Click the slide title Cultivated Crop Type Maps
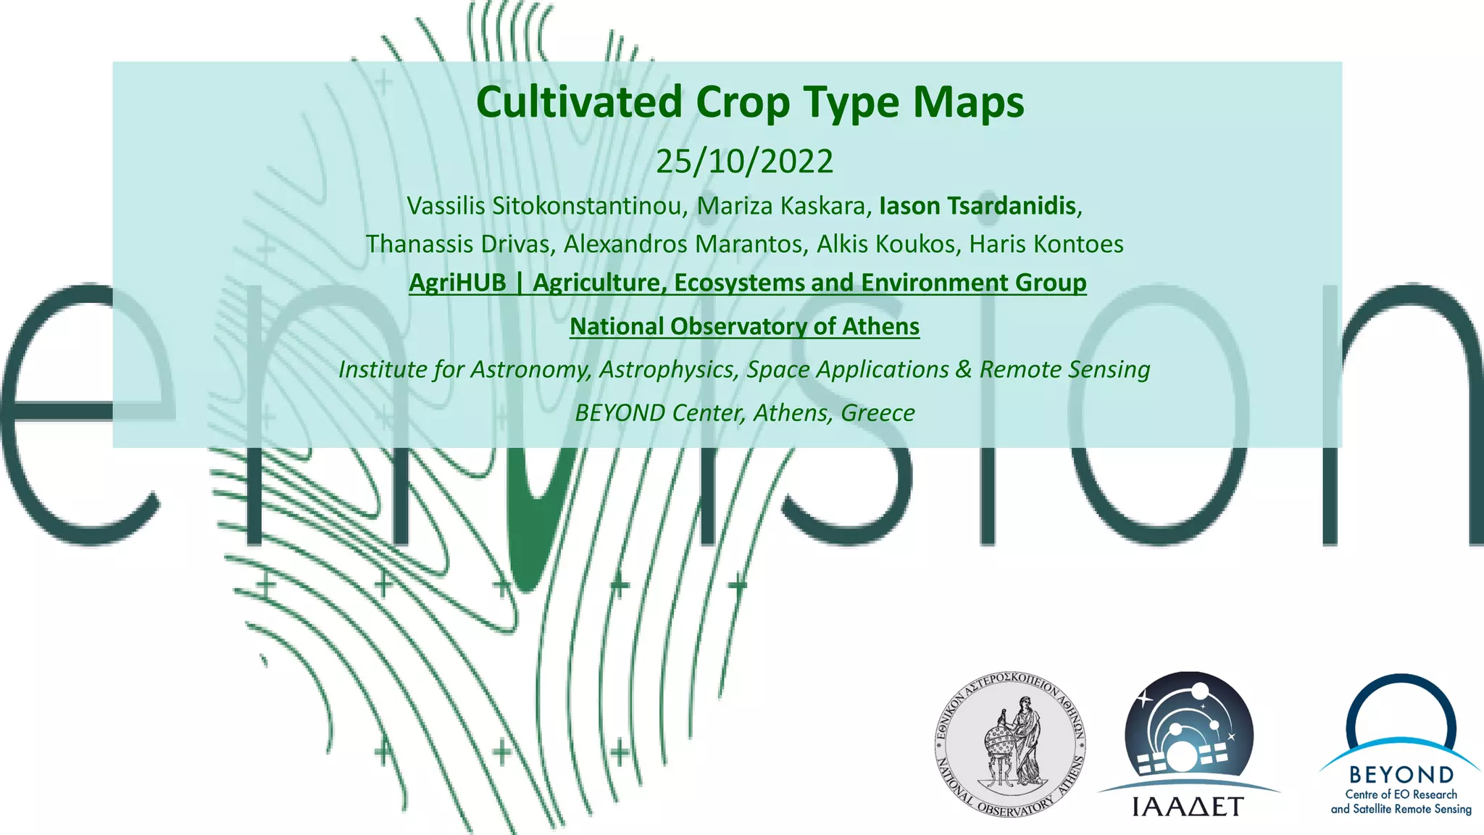[x=750, y=102]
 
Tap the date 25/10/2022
[x=744, y=161]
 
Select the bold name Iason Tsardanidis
[x=977, y=206]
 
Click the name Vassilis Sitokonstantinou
[x=545, y=206]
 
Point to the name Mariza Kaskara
[x=781, y=206]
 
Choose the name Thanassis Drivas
[x=458, y=244]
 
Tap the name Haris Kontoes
[x=1046, y=244]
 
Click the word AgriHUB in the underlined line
[x=457, y=283]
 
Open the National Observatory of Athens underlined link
[x=744, y=327]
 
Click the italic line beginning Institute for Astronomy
[x=744, y=370]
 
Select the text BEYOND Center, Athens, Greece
[x=744, y=413]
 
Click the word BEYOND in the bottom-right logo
[x=1401, y=775]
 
